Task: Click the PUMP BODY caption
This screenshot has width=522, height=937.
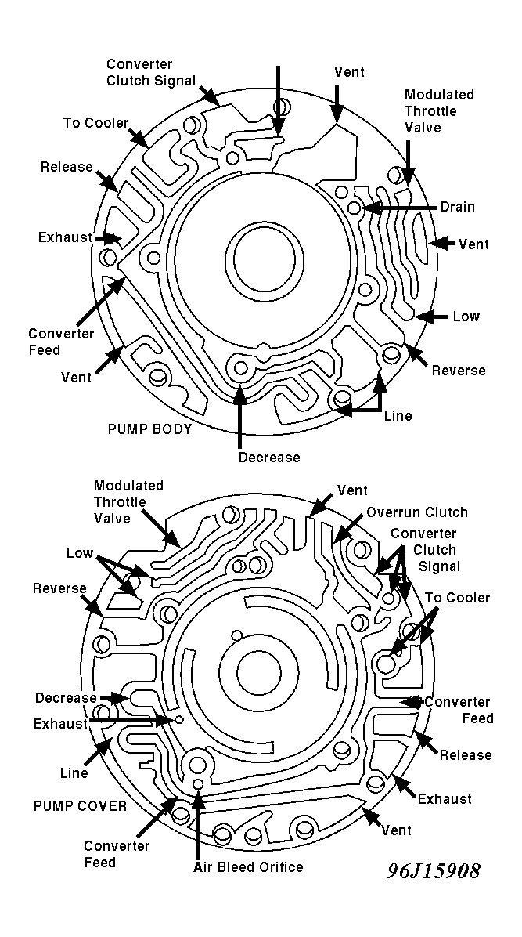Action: point(149,429)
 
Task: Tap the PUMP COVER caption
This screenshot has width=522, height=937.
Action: point(80,805)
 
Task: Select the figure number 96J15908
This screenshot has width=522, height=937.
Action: point(434,870)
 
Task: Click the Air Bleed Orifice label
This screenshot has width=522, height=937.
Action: point(248,867)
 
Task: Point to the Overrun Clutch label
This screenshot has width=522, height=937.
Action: point(417,512)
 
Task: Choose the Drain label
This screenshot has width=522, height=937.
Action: point(458,207)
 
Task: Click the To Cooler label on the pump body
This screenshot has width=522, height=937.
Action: point(95,122)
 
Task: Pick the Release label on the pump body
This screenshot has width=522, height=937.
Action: point(67,167)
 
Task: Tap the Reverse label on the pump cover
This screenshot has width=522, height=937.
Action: point(59,588)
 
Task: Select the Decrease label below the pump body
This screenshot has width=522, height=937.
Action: point(268,458)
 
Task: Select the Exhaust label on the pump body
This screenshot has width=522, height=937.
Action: point(65,237)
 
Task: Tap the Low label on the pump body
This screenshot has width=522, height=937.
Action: point(466,316)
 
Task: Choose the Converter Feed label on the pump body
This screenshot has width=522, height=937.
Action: point(61,342)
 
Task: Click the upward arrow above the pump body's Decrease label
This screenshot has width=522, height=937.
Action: point(239,416)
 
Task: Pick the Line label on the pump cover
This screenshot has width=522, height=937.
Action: point(74,773)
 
